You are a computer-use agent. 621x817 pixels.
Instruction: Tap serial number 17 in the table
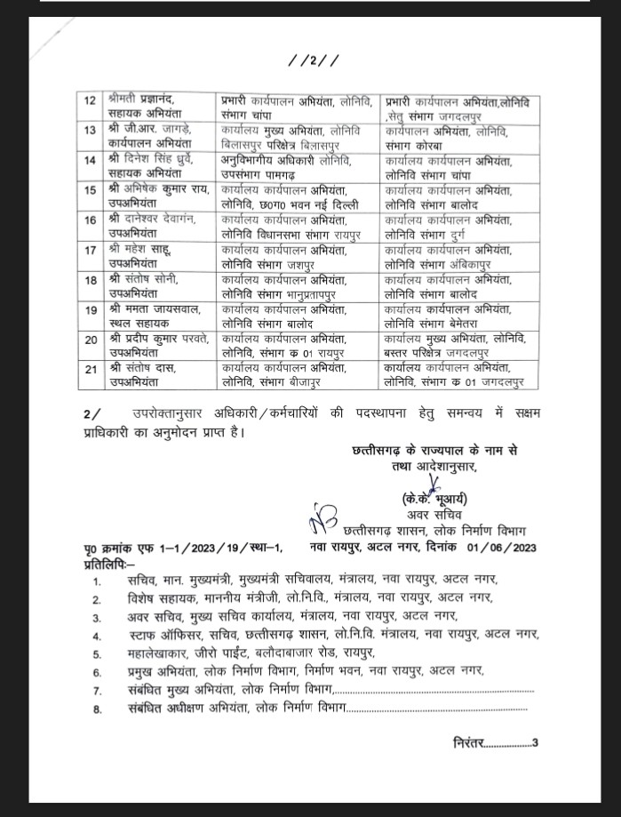(x=90, y=251)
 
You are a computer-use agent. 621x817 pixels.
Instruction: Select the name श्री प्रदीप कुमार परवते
(x=158, y=338)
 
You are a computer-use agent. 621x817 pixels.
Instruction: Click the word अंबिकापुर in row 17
(x=485, y=264)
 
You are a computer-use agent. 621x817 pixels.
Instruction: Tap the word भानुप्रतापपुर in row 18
(x=320, y=293)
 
